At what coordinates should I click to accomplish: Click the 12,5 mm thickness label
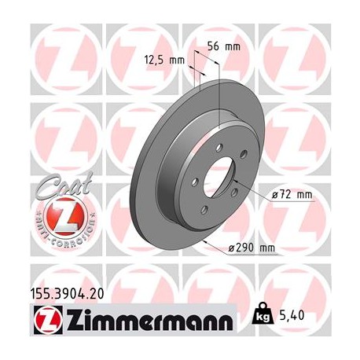click(x=163, y=59)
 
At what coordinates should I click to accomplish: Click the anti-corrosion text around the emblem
click(x=54, y=235)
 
